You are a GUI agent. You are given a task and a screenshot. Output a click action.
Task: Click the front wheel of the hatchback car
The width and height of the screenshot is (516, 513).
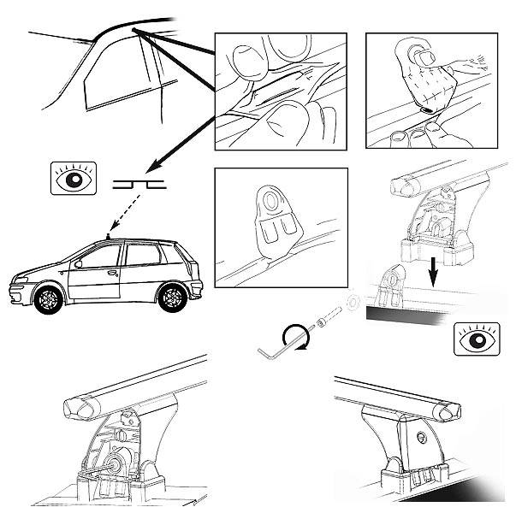click(x=48, y=298)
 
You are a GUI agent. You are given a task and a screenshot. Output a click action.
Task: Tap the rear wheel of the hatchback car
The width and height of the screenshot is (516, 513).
click(x=171, y=295)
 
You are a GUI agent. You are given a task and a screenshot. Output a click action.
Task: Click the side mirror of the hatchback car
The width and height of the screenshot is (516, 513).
click(x=79, y=262)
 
